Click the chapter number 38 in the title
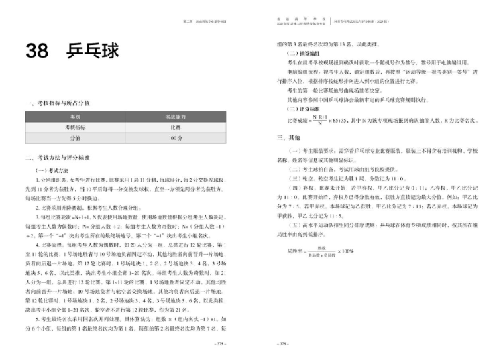point(40,52)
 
